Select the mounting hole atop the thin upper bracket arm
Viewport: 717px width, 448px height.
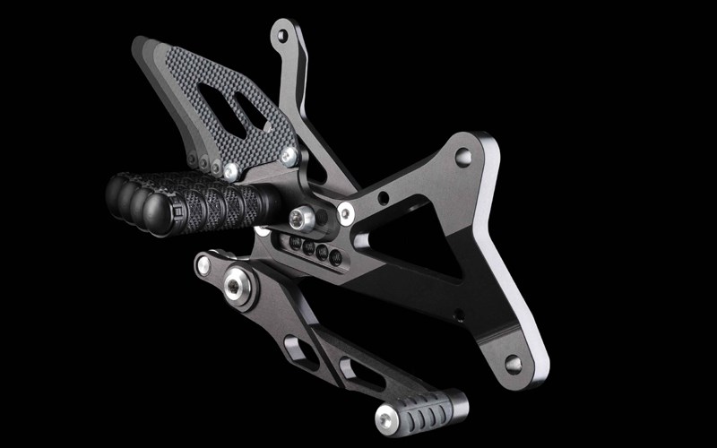click(x=282, y=37)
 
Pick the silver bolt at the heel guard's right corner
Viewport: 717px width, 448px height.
click(x=289, y=155)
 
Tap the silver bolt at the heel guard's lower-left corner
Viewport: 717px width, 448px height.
click(x=231, y=168)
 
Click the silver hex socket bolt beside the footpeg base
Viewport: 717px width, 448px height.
click(x=302, y=217)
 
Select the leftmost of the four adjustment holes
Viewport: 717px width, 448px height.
click(x=293, y=243)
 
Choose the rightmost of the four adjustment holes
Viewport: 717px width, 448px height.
click(x=335, y=258)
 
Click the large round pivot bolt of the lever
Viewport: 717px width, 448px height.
click(x=238, y=285)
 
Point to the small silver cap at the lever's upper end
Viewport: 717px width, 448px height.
click(x=204, y=264)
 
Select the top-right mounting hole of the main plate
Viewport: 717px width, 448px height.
click(x=462, y=158)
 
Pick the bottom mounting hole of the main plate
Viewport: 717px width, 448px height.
click(x=514, y=364)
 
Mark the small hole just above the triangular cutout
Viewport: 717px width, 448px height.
click(x=384, y=197)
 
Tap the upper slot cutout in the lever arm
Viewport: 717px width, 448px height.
click(x=298, y=348)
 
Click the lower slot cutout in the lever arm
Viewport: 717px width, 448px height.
click(x=353, y=370)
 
